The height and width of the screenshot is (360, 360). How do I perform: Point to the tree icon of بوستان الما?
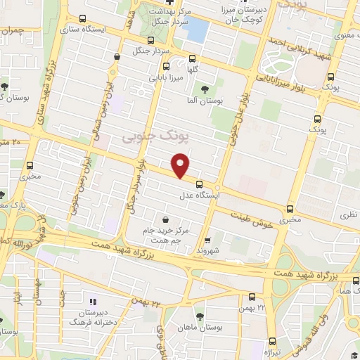(x=205, y=89)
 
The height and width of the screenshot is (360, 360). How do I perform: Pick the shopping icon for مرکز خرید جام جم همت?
(x=165, y=219)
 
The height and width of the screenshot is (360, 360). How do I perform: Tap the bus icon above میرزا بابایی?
(x=154, y=68)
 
